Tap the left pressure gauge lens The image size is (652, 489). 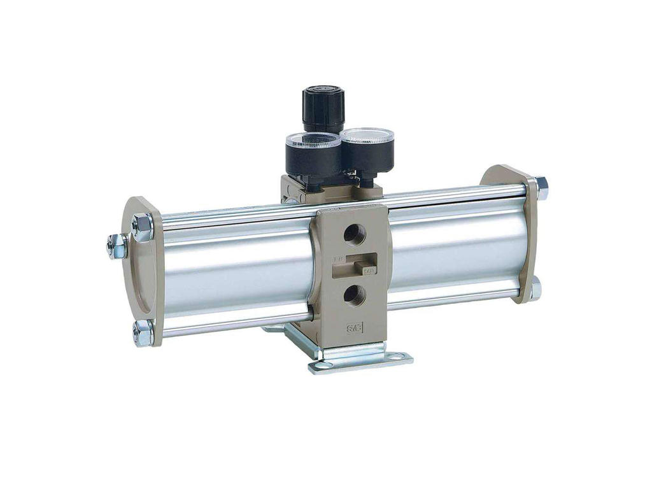click(313, 141)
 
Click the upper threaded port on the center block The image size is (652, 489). click(355, 235)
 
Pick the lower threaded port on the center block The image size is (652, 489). click(355, 294)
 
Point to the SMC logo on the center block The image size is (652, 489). click(354, 329)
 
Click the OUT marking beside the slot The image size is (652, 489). click(369, 271)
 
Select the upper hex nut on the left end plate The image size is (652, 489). click(142, 225)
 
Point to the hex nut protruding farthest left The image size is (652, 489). click(117, 245)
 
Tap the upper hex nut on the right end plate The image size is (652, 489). click(541, 185)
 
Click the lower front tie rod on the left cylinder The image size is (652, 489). click(236, 322)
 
